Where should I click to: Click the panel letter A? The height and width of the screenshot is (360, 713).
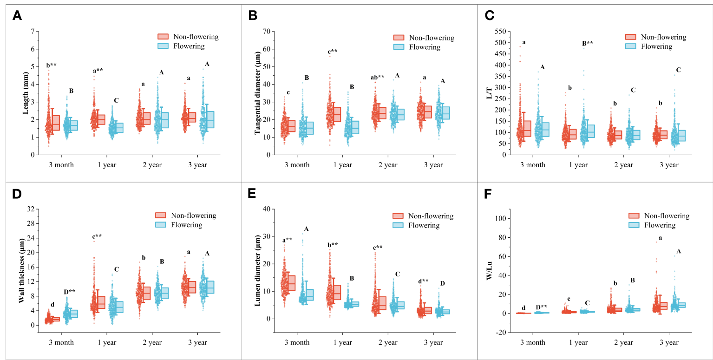(17, 16)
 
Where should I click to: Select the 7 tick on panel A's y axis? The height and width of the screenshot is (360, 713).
(32, 31)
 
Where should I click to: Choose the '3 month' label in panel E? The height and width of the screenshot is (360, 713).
(297, 343)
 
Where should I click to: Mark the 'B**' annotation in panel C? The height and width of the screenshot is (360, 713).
(588, 44)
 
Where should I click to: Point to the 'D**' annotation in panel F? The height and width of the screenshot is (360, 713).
(541, 307)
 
